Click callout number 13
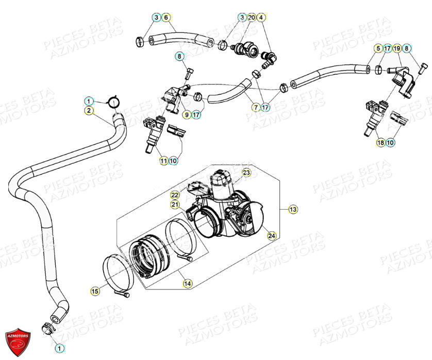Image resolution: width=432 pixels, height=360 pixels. [292, 209]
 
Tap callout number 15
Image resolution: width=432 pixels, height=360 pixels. [94, 292]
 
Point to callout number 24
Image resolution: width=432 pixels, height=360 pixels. [271, 235]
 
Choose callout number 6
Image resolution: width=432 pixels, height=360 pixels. [165, 18]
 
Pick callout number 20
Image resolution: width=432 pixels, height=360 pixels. [251, 18]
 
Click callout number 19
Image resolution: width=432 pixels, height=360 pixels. [397, 48]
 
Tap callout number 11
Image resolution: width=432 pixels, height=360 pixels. [163, 161]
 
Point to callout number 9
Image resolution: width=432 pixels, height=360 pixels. [186, 114]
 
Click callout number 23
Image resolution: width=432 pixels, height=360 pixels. [246, 173]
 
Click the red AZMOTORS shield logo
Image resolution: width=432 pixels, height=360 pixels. [18, 340]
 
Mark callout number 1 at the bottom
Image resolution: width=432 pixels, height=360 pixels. [59, 348]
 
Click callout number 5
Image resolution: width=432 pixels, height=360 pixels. [378, 48]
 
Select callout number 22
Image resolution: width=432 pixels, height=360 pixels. [175, 195]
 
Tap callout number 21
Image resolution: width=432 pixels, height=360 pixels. [175, 204]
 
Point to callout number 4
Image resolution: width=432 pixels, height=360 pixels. [261, 18]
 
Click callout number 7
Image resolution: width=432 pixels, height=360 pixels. [256, 108]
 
